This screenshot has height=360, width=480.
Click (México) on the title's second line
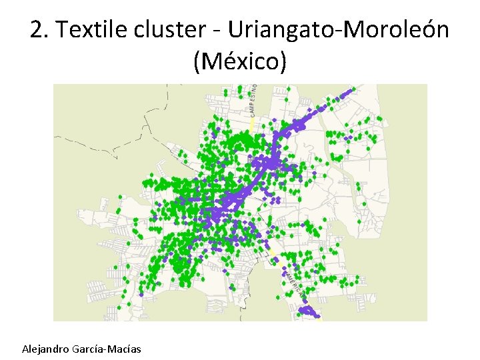coord(240,62)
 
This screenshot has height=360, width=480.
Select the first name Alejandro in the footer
coord(47,349)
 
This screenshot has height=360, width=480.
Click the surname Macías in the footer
coord(126,349)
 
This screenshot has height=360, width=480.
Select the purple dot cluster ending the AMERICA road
coord(308,311)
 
